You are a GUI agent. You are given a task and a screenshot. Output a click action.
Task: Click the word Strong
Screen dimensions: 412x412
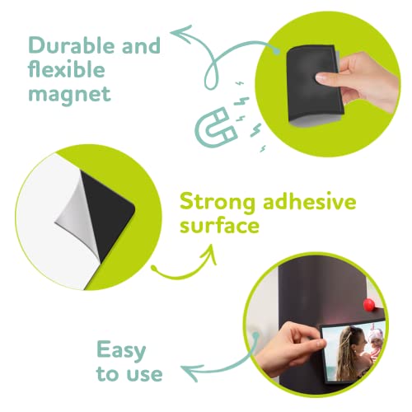(216, 201)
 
